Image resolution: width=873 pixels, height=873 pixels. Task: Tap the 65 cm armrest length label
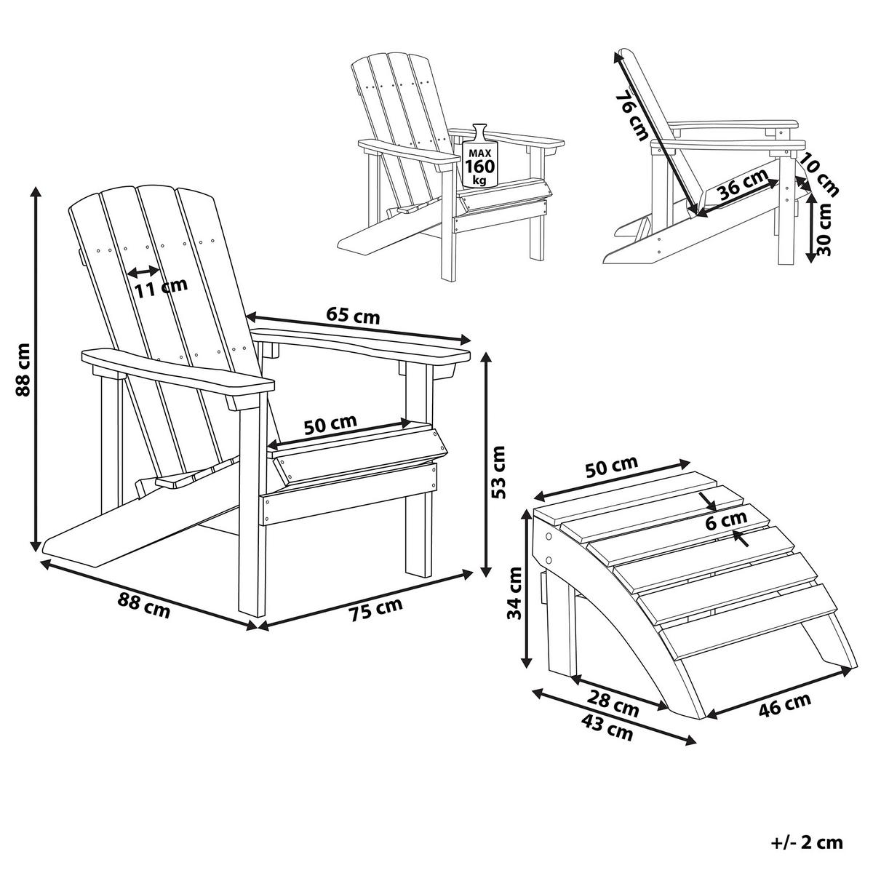tap(353, 316)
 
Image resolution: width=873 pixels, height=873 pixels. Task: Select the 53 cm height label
tap(498, 472)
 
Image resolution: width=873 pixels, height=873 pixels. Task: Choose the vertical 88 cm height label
tap(23, 370)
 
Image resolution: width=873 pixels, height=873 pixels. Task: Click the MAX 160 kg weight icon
tap(479, 156)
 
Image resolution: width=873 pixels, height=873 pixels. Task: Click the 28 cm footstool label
tap(613, 716)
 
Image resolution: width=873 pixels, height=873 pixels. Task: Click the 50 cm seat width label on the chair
tap(330, 424)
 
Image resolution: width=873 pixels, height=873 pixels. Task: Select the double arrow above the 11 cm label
tap(143, 271)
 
